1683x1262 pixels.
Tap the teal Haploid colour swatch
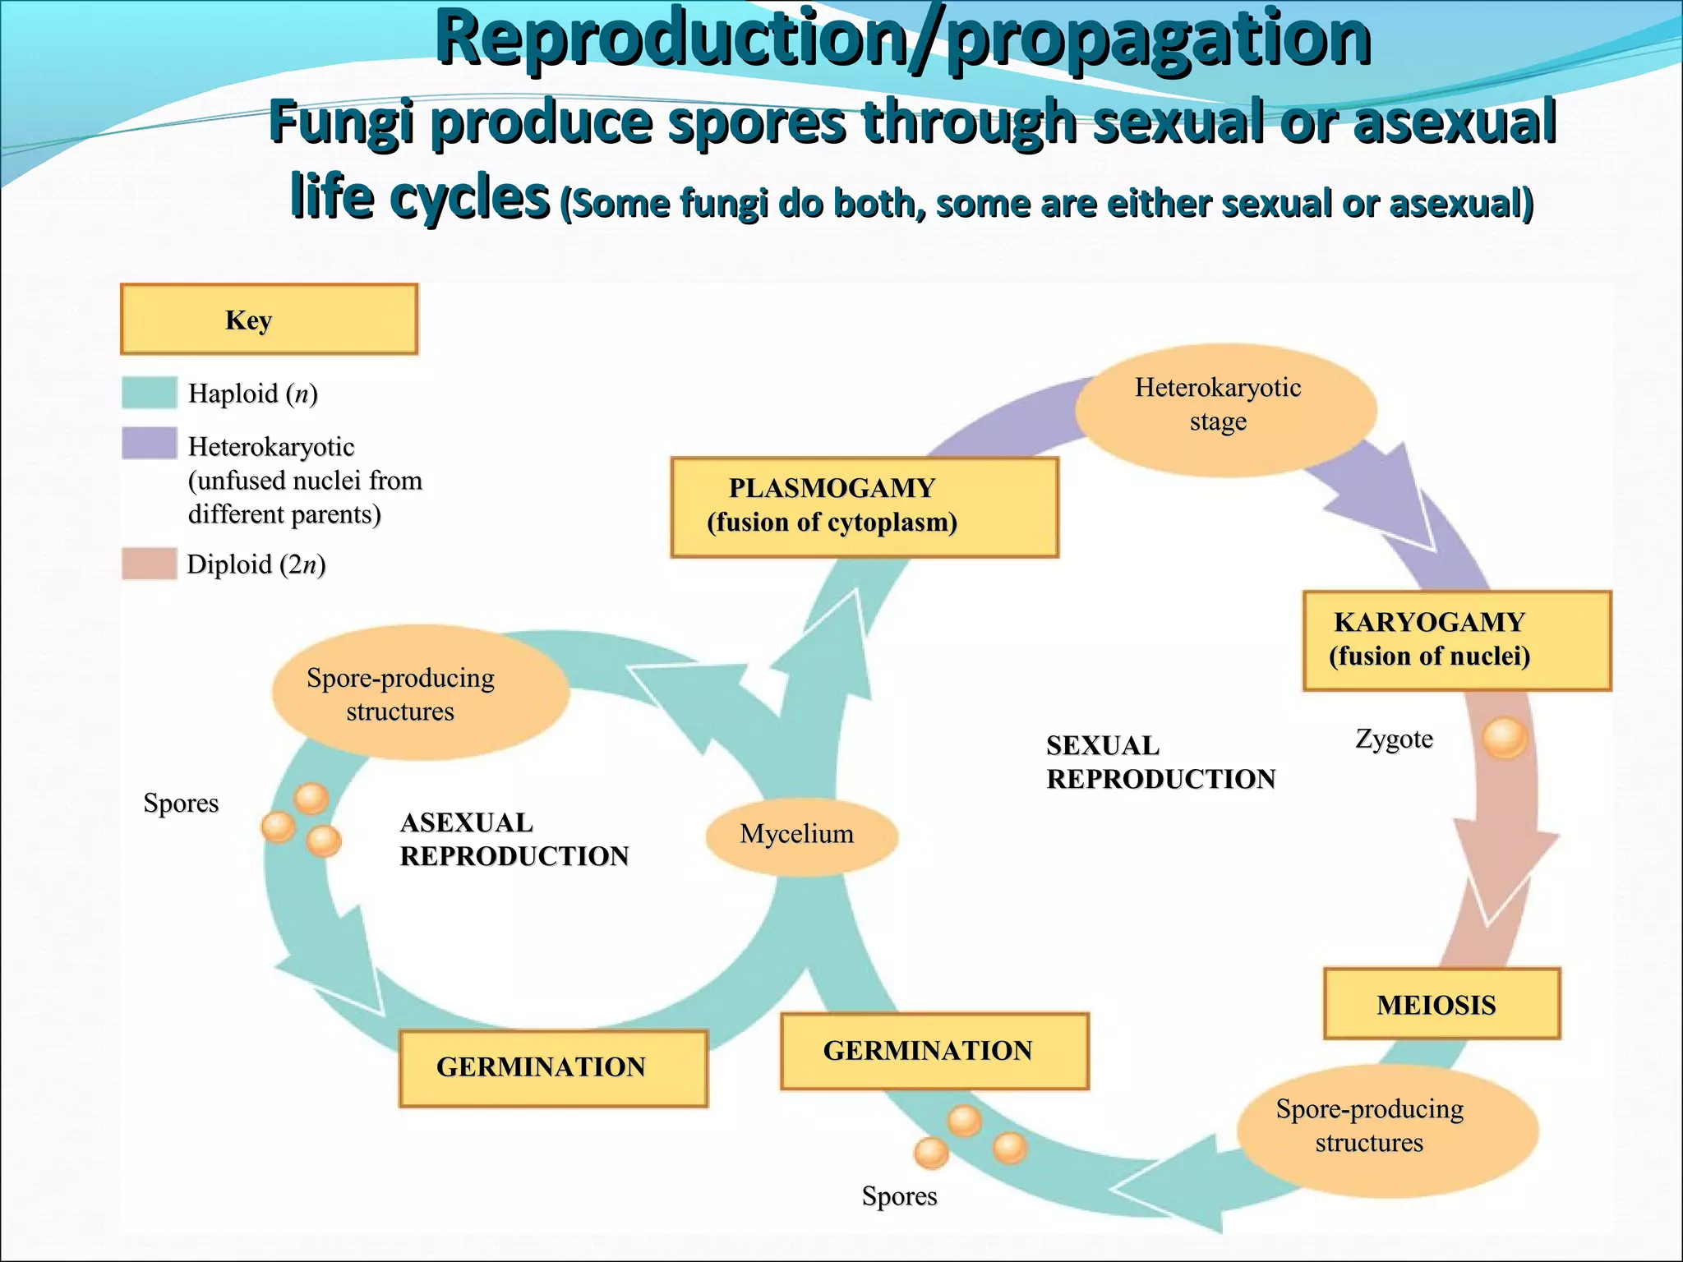click(149, 393)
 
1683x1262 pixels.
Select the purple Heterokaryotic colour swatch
click(149, 443)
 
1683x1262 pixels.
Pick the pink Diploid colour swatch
click(149, 564)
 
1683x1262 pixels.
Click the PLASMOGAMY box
click(864, 507)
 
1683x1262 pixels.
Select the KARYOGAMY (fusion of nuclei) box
click(1456, 640)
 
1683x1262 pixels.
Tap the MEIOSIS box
click(1441, 1003)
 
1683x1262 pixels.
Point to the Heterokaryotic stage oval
click(1224, 409)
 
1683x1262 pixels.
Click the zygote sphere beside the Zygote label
click(1505, 737)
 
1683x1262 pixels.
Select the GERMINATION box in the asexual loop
click(552, 1067)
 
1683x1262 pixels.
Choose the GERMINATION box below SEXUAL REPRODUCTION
click(934, 1051)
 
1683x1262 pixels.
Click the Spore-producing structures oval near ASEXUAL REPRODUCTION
click(420, 693)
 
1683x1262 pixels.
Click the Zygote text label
click(1394, 739)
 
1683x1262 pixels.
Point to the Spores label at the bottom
click(899, 1195)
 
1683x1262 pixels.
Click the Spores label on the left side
click(181, 803)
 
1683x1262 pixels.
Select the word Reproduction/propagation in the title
click(902, 39)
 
